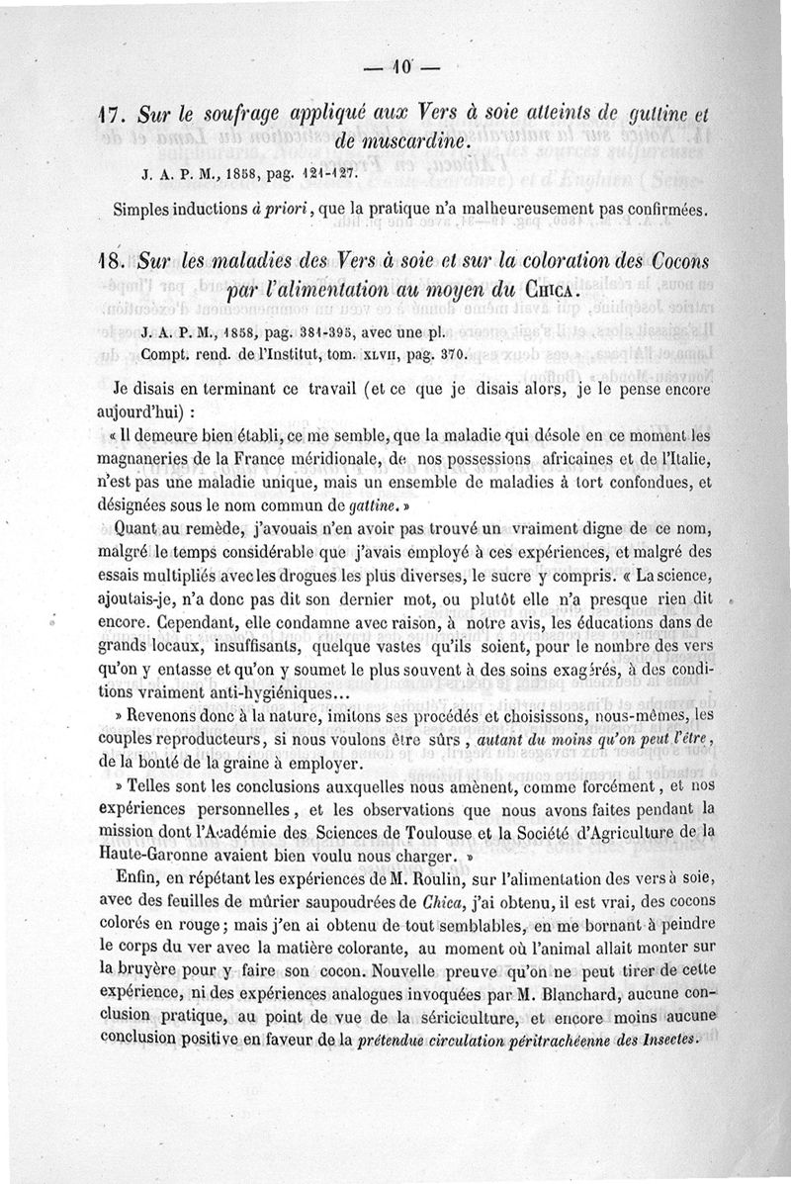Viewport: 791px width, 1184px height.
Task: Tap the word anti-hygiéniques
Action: click(260, 693)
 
